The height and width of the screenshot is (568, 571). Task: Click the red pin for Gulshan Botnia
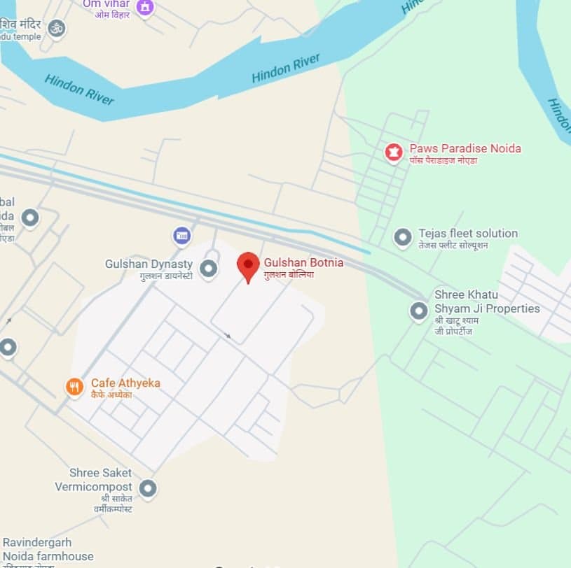248,265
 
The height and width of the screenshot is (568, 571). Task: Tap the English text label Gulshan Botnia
303,263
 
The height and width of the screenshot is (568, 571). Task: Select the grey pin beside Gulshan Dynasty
208,268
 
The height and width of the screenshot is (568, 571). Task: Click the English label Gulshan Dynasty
149,264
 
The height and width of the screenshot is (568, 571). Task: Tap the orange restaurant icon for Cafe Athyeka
74,386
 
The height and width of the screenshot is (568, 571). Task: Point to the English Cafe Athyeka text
125,383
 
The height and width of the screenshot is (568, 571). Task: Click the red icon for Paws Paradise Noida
394,152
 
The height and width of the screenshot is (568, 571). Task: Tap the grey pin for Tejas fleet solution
402,237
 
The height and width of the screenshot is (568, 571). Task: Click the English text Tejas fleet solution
468,233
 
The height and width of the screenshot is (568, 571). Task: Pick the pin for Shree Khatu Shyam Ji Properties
419,311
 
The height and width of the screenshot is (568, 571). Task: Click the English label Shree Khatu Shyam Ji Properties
487,301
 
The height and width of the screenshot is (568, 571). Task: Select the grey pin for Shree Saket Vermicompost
147,488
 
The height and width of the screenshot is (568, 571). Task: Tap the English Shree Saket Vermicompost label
94,480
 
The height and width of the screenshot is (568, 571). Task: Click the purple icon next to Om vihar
145,7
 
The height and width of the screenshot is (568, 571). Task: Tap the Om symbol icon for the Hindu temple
57,28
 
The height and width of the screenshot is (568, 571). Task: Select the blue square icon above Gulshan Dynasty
182,235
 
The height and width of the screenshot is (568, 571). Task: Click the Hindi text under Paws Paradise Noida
453,161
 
